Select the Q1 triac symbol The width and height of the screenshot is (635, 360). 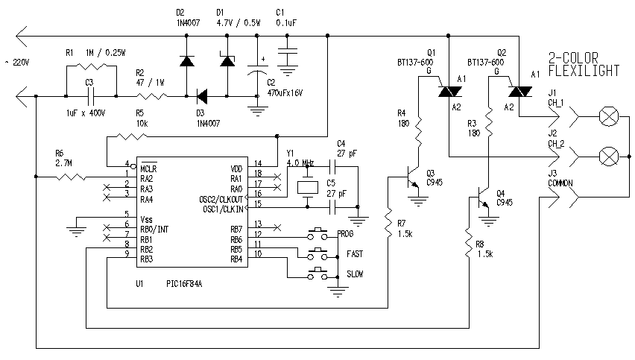coord(446,90)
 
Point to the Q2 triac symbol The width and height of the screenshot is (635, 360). coord(519,90)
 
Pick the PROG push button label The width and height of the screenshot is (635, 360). coord(346,234)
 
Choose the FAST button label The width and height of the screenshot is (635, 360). coord(354,254)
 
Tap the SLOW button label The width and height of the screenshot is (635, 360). coord(355,274)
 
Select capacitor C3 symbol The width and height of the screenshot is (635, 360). coord(89,95)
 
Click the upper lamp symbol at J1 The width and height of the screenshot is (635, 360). coord(609,117)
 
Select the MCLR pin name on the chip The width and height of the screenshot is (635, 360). coord(148,168)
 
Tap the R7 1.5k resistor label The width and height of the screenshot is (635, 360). coord(404,227)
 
